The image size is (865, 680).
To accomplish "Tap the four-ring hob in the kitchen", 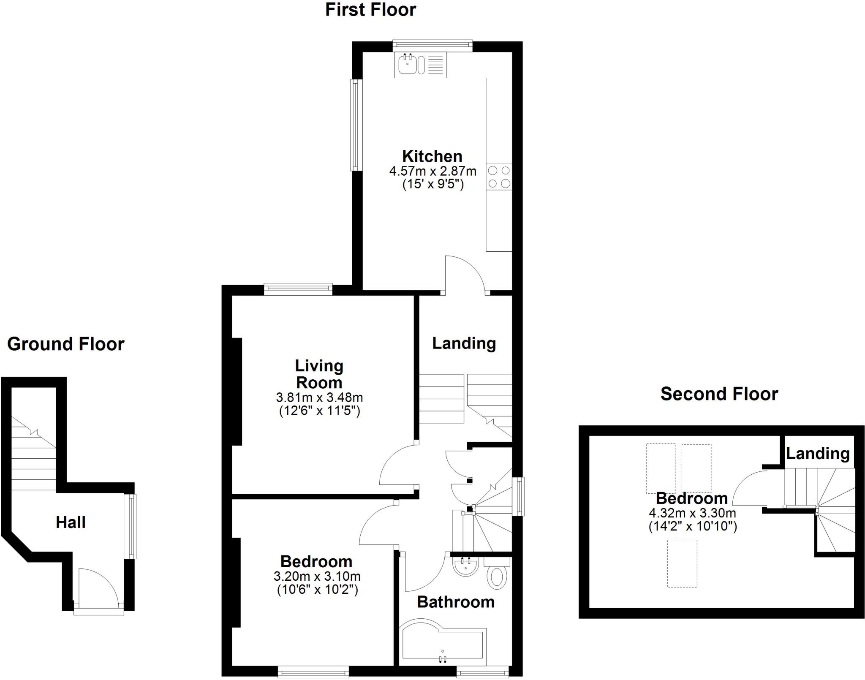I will coord(499,177).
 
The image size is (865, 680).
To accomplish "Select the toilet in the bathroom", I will coord(498,577).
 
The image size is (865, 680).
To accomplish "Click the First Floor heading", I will coord(370,10).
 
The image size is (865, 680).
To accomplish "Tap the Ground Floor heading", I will coord(65,344).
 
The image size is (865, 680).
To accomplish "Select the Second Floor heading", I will coord(719,394).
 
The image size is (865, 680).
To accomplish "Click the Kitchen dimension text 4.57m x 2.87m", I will coord(432,171).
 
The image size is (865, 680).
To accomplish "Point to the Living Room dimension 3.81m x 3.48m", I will coord(319,397).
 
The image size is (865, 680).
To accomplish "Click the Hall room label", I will coord(71,522).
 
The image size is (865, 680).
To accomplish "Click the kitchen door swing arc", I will coord(465,273).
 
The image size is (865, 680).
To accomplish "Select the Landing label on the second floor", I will coord(817,453).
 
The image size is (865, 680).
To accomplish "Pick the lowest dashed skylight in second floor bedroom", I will coord(682,563).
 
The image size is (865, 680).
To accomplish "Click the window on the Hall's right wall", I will coord(133,526).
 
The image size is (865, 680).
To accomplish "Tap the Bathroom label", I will coord(455,602).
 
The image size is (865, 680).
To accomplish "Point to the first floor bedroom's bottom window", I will coord(313,672).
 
